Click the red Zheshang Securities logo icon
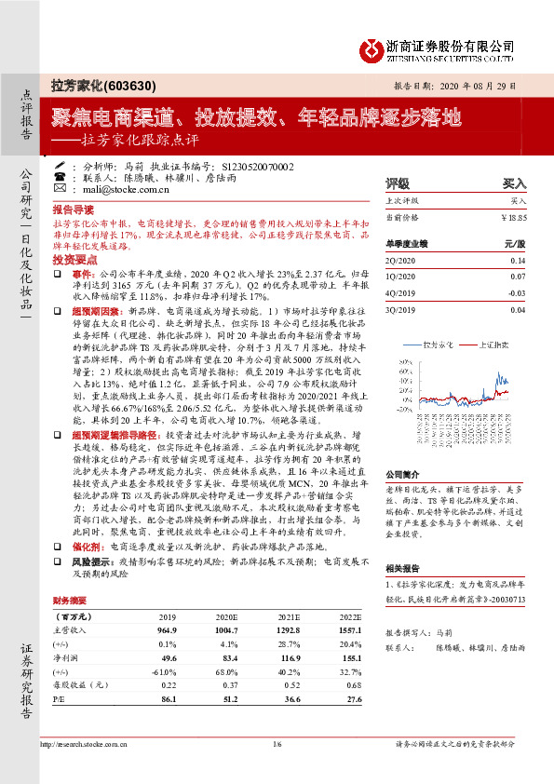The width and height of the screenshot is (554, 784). coord(372,47)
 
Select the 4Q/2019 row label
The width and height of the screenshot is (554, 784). coord(400,293)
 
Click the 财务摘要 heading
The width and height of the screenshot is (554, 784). coord(71,574)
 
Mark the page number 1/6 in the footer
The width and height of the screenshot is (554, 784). coord(277,744)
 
